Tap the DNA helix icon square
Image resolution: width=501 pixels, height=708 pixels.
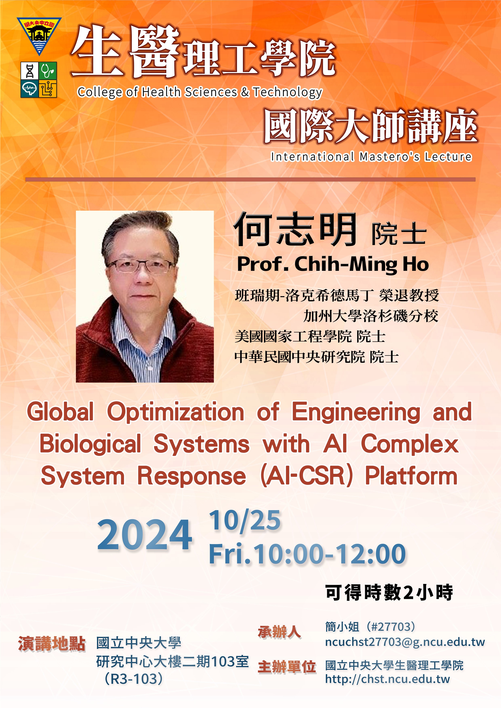[x=30, y=71]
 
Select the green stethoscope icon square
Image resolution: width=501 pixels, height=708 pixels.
[x=48, y=71]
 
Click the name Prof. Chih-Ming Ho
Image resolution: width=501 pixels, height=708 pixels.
[x=333, y=265]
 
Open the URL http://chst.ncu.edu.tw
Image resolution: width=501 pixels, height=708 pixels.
[x=387, y=679]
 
